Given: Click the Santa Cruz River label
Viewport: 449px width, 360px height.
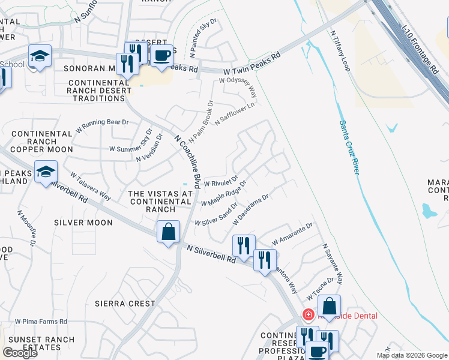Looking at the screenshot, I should click(349, 147).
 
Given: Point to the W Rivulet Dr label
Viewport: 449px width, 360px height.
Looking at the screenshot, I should click(221, 181).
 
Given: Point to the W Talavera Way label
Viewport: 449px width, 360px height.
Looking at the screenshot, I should click(91, 187).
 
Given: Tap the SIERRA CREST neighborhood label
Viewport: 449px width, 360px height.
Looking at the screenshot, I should click(125, 304).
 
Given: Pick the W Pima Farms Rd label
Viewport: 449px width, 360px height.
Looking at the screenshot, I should click(41, 322).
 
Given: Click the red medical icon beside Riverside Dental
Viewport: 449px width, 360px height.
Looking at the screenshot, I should click(308, 314).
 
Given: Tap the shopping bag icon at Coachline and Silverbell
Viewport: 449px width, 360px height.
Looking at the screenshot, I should click(168, 232).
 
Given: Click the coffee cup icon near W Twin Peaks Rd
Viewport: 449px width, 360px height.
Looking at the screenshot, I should click(161, 56).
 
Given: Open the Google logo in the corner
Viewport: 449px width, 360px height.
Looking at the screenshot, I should click(20, 353).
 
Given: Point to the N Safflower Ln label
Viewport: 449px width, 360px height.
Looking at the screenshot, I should click(235, 112).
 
